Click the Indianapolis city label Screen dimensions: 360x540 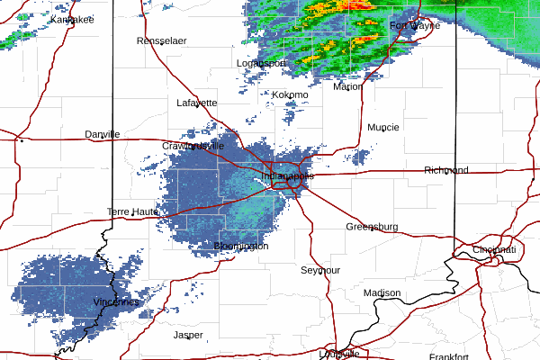[289, 177]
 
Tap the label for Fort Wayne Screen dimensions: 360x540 [414, 26]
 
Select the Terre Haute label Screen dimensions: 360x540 [132, 211]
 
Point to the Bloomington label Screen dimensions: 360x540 [241, 246]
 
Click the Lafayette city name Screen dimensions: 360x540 [196, 103]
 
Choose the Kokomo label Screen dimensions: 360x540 [291, 94]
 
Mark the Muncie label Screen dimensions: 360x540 [383, 127]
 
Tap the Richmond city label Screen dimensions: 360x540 [446, 170]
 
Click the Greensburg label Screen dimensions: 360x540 [372, 227]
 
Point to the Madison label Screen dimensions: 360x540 [382, 293]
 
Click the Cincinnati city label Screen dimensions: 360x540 [494, 249]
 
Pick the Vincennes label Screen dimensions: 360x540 [116, 302]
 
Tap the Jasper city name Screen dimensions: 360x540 [188, 335]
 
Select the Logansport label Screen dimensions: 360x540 [261, 63]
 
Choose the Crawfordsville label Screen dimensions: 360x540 [193, 145]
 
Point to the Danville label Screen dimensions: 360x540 [103, 134]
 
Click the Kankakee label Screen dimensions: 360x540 [73, 19]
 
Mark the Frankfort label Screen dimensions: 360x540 [449, 356]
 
